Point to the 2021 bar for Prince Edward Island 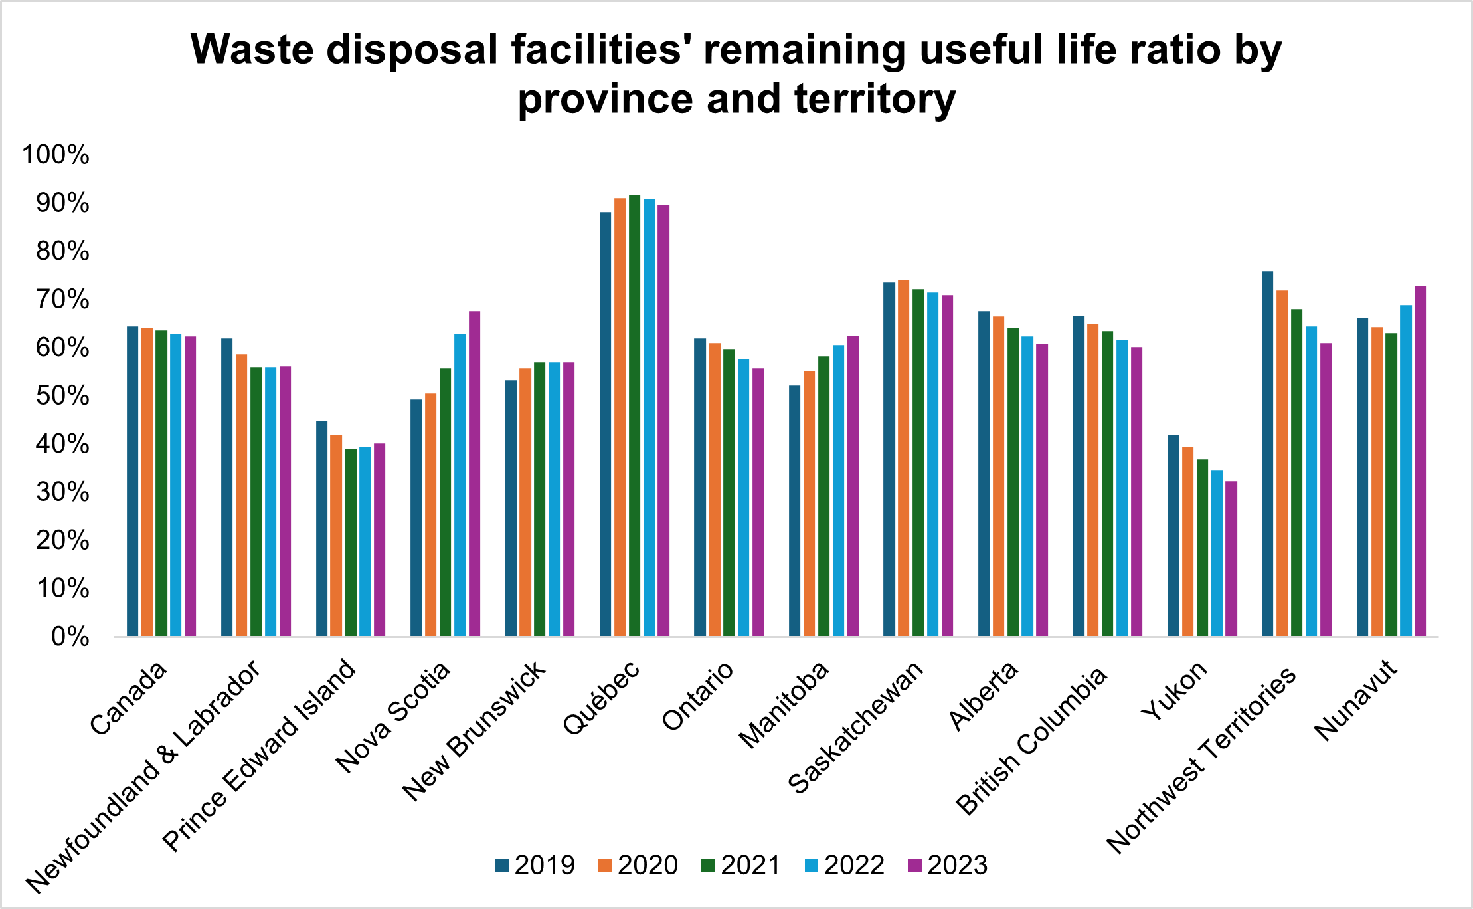(x=351, y=542)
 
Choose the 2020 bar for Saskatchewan (x=903, y=458)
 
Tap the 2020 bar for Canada (x=147, y=482)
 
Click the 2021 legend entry (x=740, y=865)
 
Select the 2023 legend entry (x=947, y=865)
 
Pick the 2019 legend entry (x=535, y=865)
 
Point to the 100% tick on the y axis (x=56, y=155)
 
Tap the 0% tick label (x=70, y=637)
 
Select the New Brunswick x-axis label (x=474, y=731)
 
